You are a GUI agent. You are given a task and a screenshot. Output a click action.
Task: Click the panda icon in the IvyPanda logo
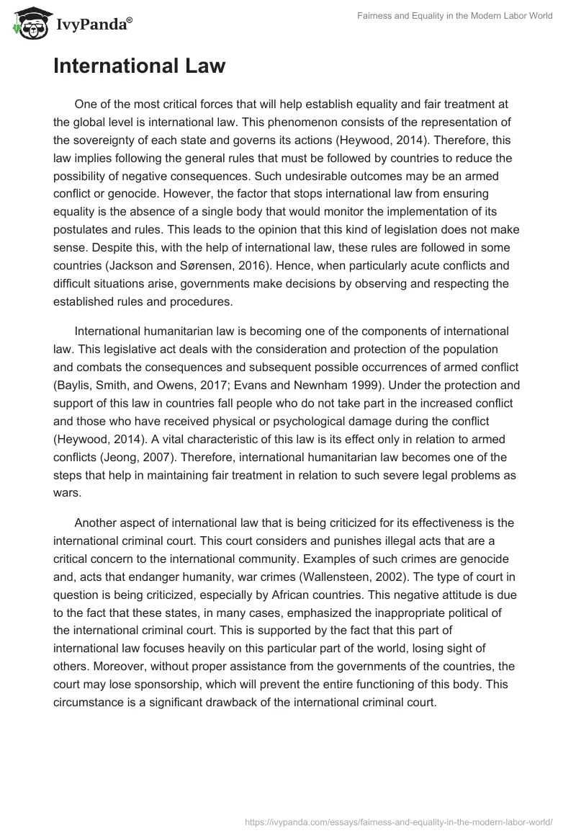(x=28, y=23)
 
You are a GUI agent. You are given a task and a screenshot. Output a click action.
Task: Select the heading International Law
(x=139, y=67)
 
